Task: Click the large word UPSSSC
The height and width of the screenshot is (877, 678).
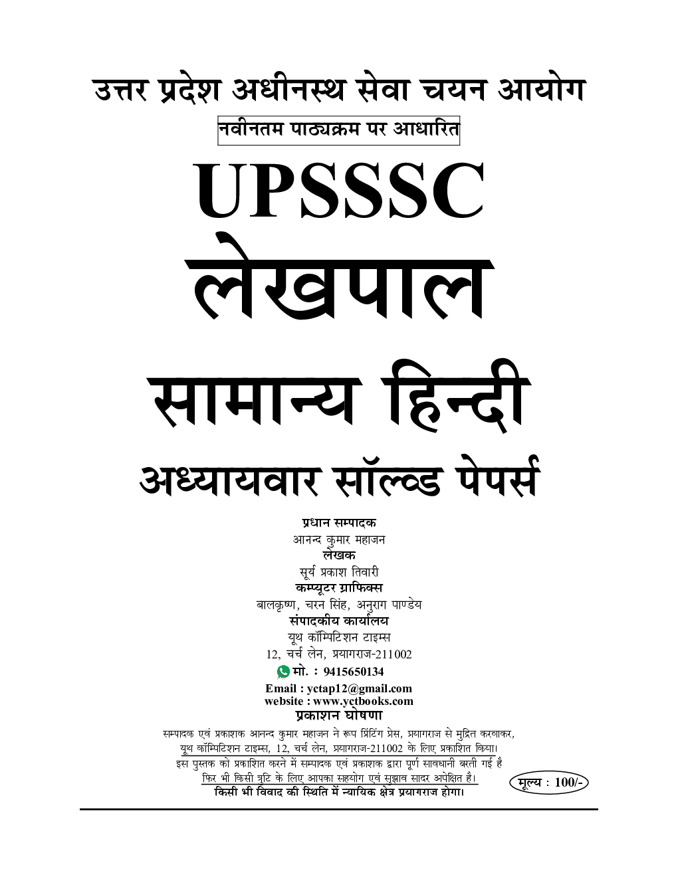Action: tap(339, 191)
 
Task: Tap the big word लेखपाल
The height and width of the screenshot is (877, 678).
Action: tap(339, 282)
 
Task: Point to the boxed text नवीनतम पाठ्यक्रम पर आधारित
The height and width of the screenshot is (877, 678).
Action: tap(338, 131)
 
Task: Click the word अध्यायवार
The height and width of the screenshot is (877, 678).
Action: tap(230, 480)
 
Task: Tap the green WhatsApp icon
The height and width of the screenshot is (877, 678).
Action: tap(283, 672)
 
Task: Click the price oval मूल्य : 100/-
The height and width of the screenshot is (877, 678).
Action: tap(550, 783)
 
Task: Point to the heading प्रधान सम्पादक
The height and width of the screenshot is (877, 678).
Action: tap(338, 523)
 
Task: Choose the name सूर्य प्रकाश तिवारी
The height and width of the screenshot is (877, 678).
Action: tap(338, 572)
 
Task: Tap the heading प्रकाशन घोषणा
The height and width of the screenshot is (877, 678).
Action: tap(338, 716)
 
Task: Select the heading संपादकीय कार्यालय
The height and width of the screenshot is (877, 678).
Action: tap(338, 621)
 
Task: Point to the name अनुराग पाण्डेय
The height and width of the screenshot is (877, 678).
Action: tap(388, 605)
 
